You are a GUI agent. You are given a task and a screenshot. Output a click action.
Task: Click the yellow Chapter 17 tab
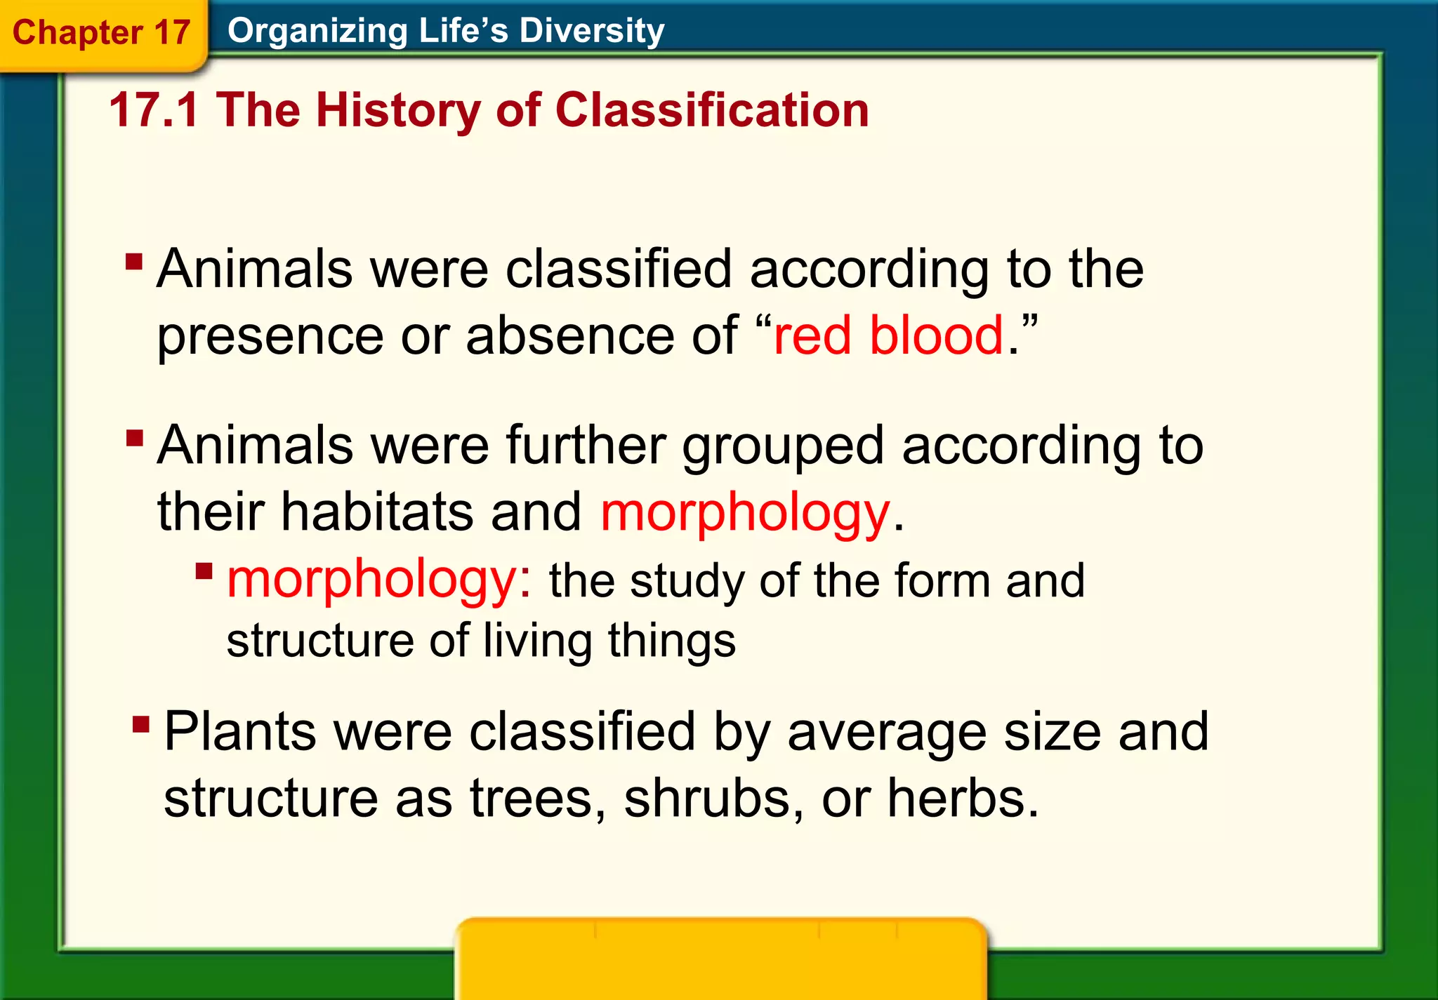click(102, 33)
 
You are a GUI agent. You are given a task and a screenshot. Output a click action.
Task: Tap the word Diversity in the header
click(591, 31)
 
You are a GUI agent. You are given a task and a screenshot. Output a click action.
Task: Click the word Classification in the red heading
click(712, 110)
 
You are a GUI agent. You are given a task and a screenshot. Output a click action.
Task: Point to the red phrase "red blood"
click(888, 335)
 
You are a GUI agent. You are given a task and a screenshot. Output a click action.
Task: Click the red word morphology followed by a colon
click(380, 580)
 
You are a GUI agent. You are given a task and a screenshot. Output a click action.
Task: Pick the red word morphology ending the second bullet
click(745, 512)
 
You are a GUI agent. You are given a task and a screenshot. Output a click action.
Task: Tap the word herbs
click(963, 798)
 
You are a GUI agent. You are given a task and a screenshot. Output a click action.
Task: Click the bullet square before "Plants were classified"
click(141, 724)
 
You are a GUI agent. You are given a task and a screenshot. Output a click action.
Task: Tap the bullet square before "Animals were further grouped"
click(135, 439)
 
